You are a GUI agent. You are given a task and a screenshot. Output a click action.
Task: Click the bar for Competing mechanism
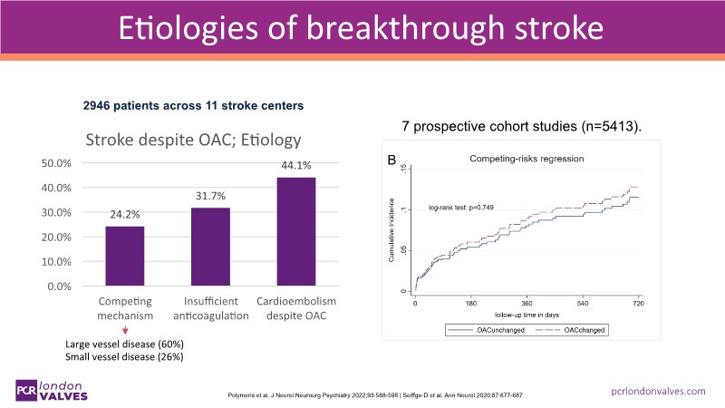coord(124,256)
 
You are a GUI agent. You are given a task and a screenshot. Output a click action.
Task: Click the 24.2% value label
coord(124,216)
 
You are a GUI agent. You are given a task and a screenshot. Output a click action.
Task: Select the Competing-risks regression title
coord(526,159)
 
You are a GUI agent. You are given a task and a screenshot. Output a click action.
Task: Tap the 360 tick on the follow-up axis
coord(527,304)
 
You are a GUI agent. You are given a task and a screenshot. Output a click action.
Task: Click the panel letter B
coord(391,161)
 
